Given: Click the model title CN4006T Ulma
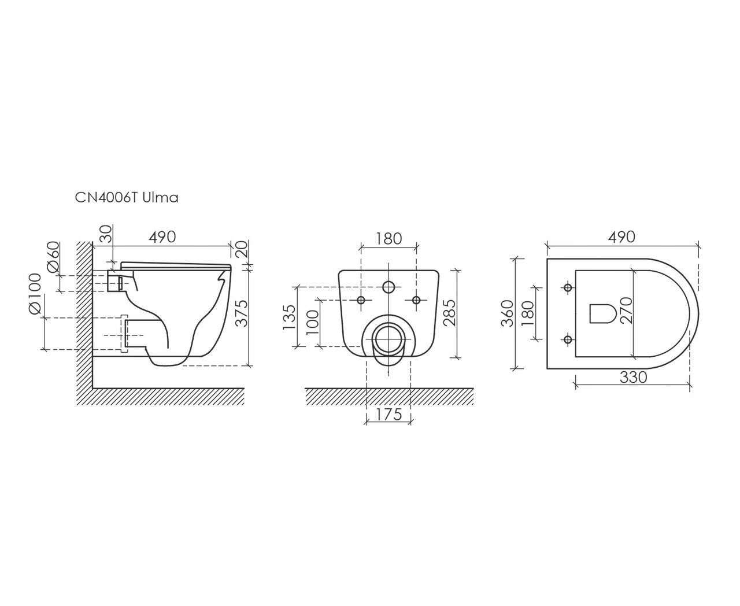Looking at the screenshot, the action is coord(127,198).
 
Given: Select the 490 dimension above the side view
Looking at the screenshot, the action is coord(162,237).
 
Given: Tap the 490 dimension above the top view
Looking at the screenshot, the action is coord(621,237).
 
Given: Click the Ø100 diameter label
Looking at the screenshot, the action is coord(35,294).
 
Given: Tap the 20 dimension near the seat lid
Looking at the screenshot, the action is coord(242,249).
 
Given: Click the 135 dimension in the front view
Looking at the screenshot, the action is coord(290,317).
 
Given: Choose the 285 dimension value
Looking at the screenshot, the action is coord(449,313).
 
